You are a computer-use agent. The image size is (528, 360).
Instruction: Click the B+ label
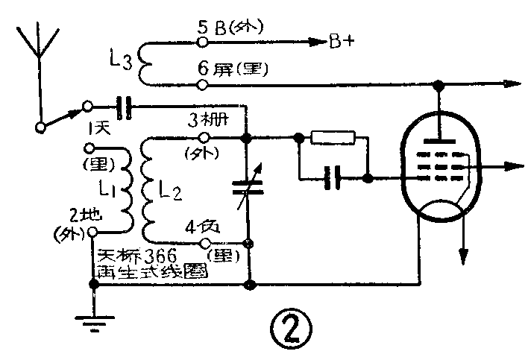(x=341, y=41)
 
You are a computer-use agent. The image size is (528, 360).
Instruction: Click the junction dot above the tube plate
(x=441, y=86)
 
